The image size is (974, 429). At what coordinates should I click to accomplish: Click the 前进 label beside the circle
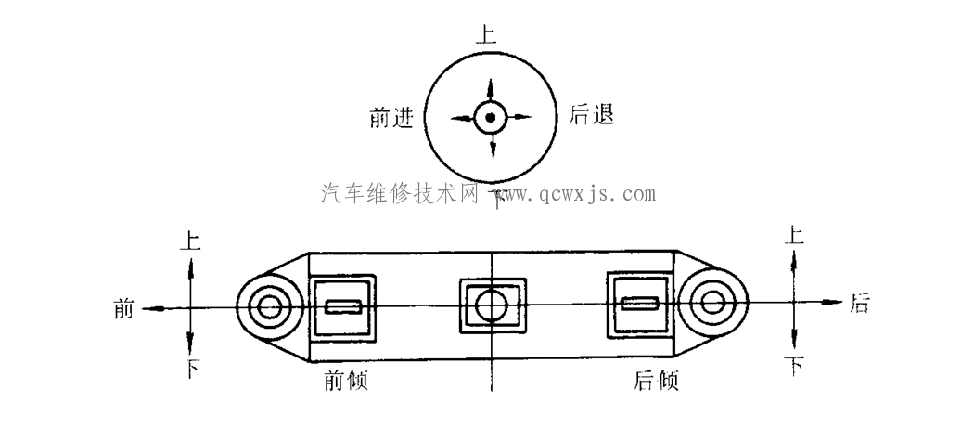pyautogui.click(x=391, y=117)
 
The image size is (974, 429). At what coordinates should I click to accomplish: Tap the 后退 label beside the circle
pyautogui.click(x=592, y=115)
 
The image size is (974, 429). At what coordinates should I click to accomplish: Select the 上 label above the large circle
pyautogui.click(x=486, y=34)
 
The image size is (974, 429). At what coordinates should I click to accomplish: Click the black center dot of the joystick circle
pyautogui.click(x=490, y=117)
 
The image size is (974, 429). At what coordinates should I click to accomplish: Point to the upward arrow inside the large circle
pyautogui.click(x=490, y=89)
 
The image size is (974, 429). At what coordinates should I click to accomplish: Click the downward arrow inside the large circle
pyautogui.click(x=493, y=145)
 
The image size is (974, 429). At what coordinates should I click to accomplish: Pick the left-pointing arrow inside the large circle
pyautogui.click(x=462, y=118)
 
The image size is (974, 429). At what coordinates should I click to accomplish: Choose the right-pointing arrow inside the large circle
pyautogui.click(x=519, y=116)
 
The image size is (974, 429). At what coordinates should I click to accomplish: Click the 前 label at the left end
pyautogui.click(x=123, y=308)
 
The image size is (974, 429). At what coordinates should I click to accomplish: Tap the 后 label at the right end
pyautogui.click(x=859, y=303)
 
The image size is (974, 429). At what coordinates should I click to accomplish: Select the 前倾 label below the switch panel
pyautogui.click(x=346, y=380)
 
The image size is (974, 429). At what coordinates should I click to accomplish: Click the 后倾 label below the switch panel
pyautogui.click(x=656, y=380)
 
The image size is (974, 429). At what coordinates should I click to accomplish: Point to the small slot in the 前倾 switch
pyautogui.click(x=343, y=306)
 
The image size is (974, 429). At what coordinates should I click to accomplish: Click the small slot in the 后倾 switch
pyautogui.click(x=640, y=304)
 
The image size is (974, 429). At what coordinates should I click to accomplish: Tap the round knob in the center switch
pyautogui.click(x=492, y=305)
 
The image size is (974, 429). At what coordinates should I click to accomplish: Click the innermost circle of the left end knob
pyautogui.click(x=270, y=307)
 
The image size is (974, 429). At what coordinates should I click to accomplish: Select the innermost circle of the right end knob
pyautogui.click(x=711, y=302)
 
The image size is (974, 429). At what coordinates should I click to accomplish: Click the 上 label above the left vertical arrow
pyautogui.click(x=190, y=240)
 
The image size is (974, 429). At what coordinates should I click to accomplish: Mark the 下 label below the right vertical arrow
pyautogui.click(x=794, y=367)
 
